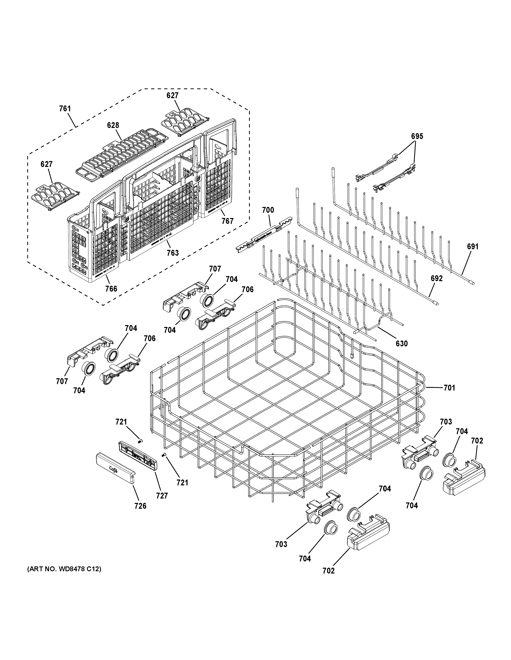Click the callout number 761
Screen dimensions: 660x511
(x=65, y=109)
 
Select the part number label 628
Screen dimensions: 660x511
(x=113, y=125)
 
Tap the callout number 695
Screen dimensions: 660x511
(x=417, y=136)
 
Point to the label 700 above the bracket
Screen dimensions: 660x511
(x=268, y=210)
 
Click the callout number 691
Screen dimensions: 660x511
(x=473, y=247)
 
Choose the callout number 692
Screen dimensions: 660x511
(x=437, y=278)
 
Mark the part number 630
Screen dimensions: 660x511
(x=401, y=344)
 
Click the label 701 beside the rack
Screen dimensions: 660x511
(x=449, y=388)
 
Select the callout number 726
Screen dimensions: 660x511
(x=141, y=506)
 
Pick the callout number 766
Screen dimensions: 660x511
(x=111, y=289)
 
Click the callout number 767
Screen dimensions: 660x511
(x=227, y=221)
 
